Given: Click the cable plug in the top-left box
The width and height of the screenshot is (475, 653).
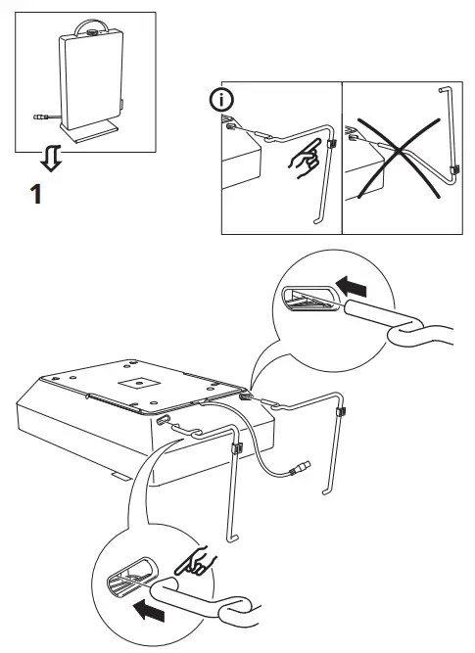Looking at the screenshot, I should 37,117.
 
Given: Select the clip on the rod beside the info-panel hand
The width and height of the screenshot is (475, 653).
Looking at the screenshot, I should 329,143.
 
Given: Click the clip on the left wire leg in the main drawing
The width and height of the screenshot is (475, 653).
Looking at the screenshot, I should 236,449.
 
